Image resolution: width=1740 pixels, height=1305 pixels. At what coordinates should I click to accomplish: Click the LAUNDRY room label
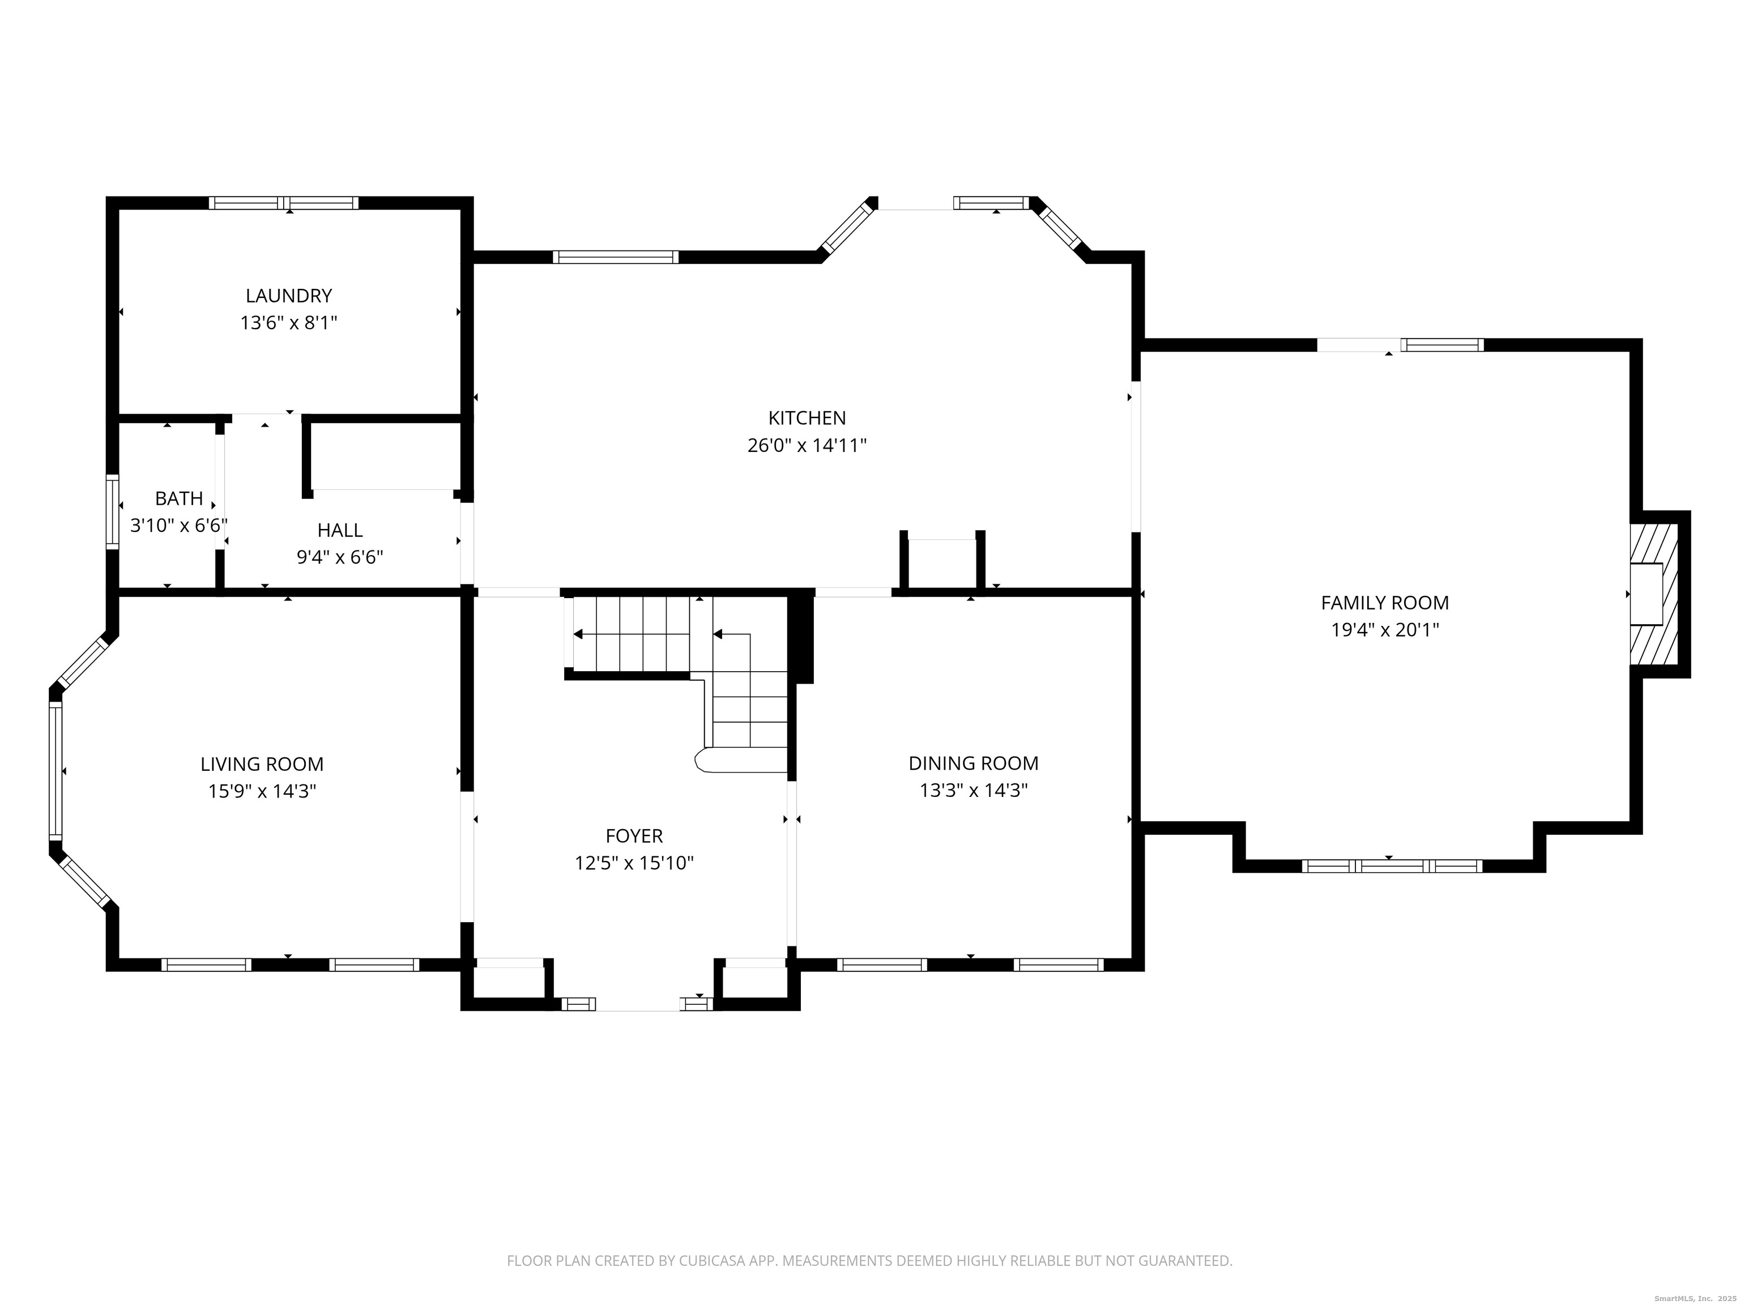pos(289,296)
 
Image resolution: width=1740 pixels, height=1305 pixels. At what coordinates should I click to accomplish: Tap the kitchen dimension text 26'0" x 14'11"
pos(807,445)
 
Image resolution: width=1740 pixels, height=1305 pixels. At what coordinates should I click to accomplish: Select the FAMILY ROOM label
pos(1384,603)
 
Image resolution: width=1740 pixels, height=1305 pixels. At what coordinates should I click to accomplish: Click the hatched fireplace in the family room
pos(1654,594)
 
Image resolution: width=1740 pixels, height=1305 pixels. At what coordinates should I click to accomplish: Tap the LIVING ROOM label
pos(261,764)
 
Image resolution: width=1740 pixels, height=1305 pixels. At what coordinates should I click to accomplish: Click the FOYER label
pos(633,835)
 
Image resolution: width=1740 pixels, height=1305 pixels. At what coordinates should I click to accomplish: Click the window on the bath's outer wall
pos(113,512)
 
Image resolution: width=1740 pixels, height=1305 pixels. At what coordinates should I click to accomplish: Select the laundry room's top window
pos(283,203)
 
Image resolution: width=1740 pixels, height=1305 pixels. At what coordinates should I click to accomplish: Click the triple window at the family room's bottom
pos(1392,866)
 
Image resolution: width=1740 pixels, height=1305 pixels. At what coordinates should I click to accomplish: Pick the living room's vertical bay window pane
pos(55,770)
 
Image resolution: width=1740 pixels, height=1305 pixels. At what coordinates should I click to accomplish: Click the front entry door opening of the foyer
pos(637,1004)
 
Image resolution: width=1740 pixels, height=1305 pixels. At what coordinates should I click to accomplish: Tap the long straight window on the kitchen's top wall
pos(615,257)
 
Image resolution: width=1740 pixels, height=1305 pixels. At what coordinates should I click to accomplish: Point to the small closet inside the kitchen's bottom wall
pos(941,562)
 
